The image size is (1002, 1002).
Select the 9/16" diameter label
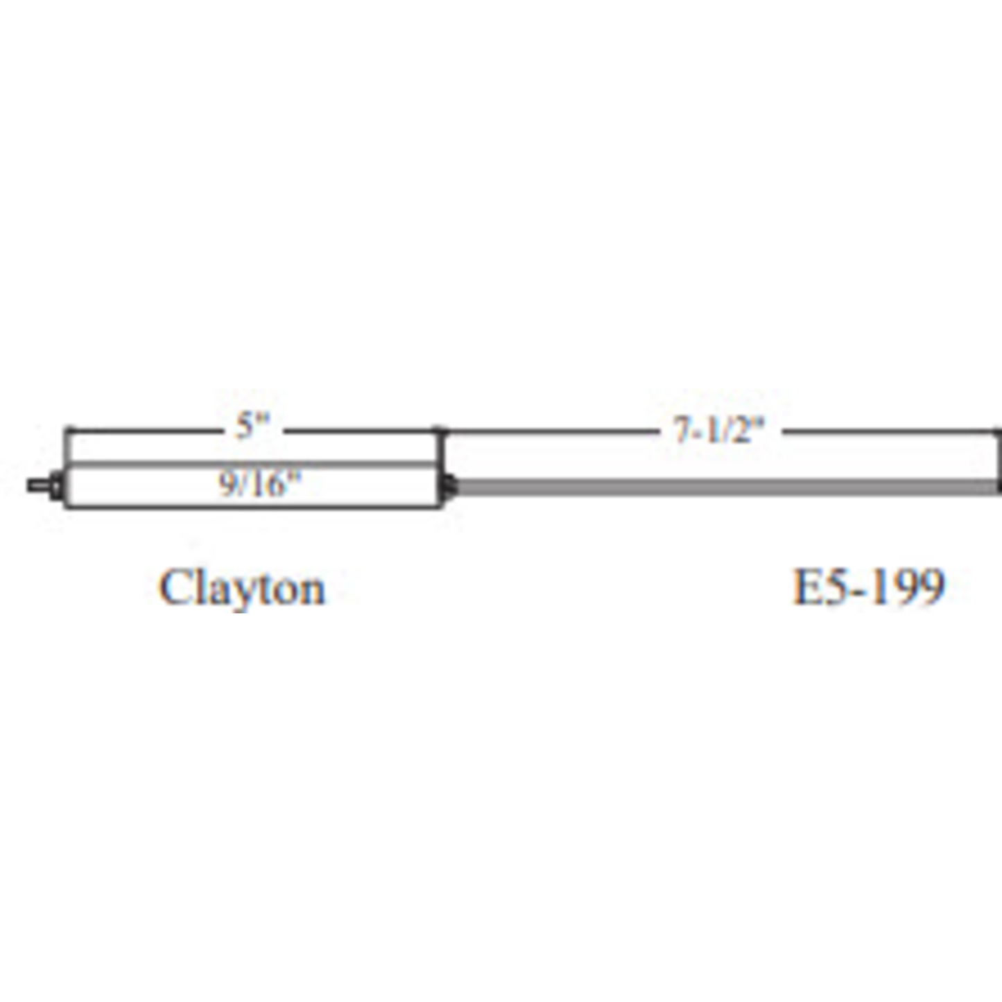(x=259, y=484)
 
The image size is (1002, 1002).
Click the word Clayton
(x=242, y=587)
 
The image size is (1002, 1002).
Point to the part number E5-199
(x=868, y=586)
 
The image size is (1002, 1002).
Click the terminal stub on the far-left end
(x=38, y=486)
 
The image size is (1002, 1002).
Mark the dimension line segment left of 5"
(x=144, y=431)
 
